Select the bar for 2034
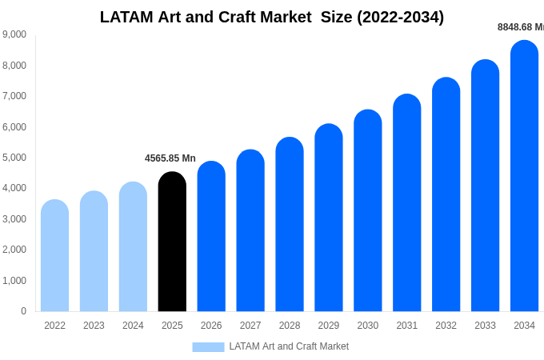coord(524,176)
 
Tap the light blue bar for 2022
coord(54,256)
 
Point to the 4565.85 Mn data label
coord(170,158)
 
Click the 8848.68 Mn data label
coord(521,27)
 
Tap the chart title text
coord(272,17)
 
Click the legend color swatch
coord(208,347)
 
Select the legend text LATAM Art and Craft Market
coord(289,346)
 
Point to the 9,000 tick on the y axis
coord(14,34)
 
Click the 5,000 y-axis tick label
coord(14,158)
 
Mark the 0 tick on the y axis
coord(23,311)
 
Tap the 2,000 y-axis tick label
coord(14,250)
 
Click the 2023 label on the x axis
coord(94,326)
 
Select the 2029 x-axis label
coord(329,326)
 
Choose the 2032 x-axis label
coord(446,326)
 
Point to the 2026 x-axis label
coord(211,326)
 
